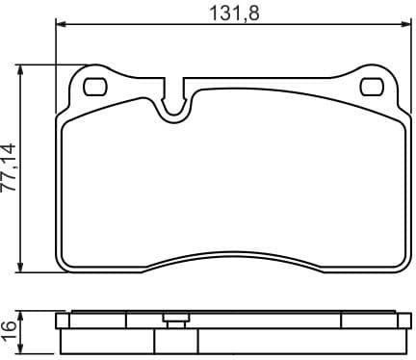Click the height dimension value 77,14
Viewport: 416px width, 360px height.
pos(11,169)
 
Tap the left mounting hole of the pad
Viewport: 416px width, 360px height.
pos(96,87)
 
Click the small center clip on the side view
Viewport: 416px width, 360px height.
pos(175,320)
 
